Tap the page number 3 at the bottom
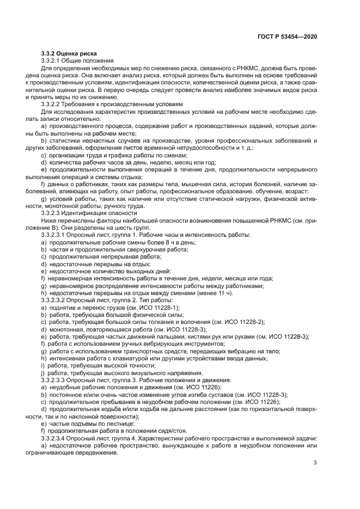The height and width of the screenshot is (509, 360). (x=315, y=463)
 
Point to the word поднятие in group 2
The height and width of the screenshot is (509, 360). (x=63, y=308)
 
